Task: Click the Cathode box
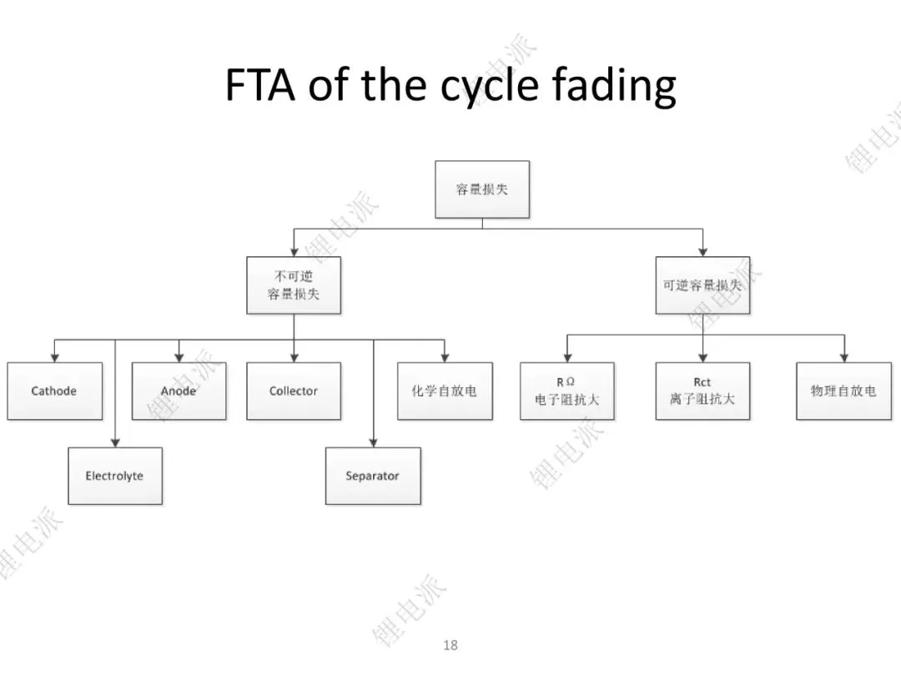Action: point(54,391)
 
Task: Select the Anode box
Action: point(179,391)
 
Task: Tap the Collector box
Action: point(294,391)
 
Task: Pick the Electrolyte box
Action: point(115,476)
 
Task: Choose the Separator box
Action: point(373,476)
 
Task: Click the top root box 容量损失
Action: point(482,189)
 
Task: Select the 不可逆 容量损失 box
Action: point(294,285)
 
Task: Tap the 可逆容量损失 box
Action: point(702,285)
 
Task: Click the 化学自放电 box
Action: point(445,391)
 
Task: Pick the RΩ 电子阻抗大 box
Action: point(567,391)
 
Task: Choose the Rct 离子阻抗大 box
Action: point(702,391)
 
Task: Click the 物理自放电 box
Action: point(844,391)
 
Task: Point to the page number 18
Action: point(450,645)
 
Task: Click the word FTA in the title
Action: point(259,85)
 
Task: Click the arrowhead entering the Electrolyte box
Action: point(115,443)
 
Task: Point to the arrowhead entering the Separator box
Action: point(374,443)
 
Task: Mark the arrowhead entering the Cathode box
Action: point(54,358)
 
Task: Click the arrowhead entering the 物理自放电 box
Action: point(844,358)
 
